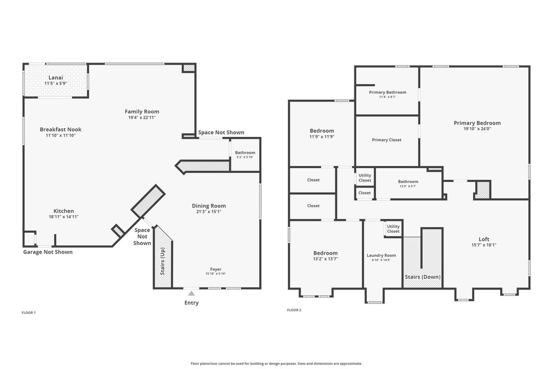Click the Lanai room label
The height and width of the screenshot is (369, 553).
click(x=56, y=77)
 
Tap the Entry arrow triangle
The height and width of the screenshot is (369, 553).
click(x=192, y=293)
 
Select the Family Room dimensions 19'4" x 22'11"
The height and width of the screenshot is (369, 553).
click(x=142, y=118)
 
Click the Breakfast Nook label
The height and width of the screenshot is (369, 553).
click(x=60, y=130)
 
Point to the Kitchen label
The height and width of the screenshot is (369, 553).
click(x=64, y=211)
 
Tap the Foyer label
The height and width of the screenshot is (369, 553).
click(x=216, y=269)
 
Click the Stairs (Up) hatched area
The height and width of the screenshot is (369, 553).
click(x=163, y=259)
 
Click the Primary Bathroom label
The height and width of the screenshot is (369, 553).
click(x=388, y=92)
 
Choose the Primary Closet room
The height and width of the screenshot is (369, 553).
click(x=387, y=140)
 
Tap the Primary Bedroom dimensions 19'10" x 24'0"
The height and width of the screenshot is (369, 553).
click(x=477, y=129)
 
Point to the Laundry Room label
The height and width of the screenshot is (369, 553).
click(x=381, y=255)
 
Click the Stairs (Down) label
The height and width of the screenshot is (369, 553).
click(x=422, y=277)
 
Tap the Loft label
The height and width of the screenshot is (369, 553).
click(x=484, y=239)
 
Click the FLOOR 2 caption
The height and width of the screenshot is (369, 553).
click(x=294, y=310)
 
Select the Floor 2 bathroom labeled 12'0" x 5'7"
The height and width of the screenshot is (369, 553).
click(x=408, y=181)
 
